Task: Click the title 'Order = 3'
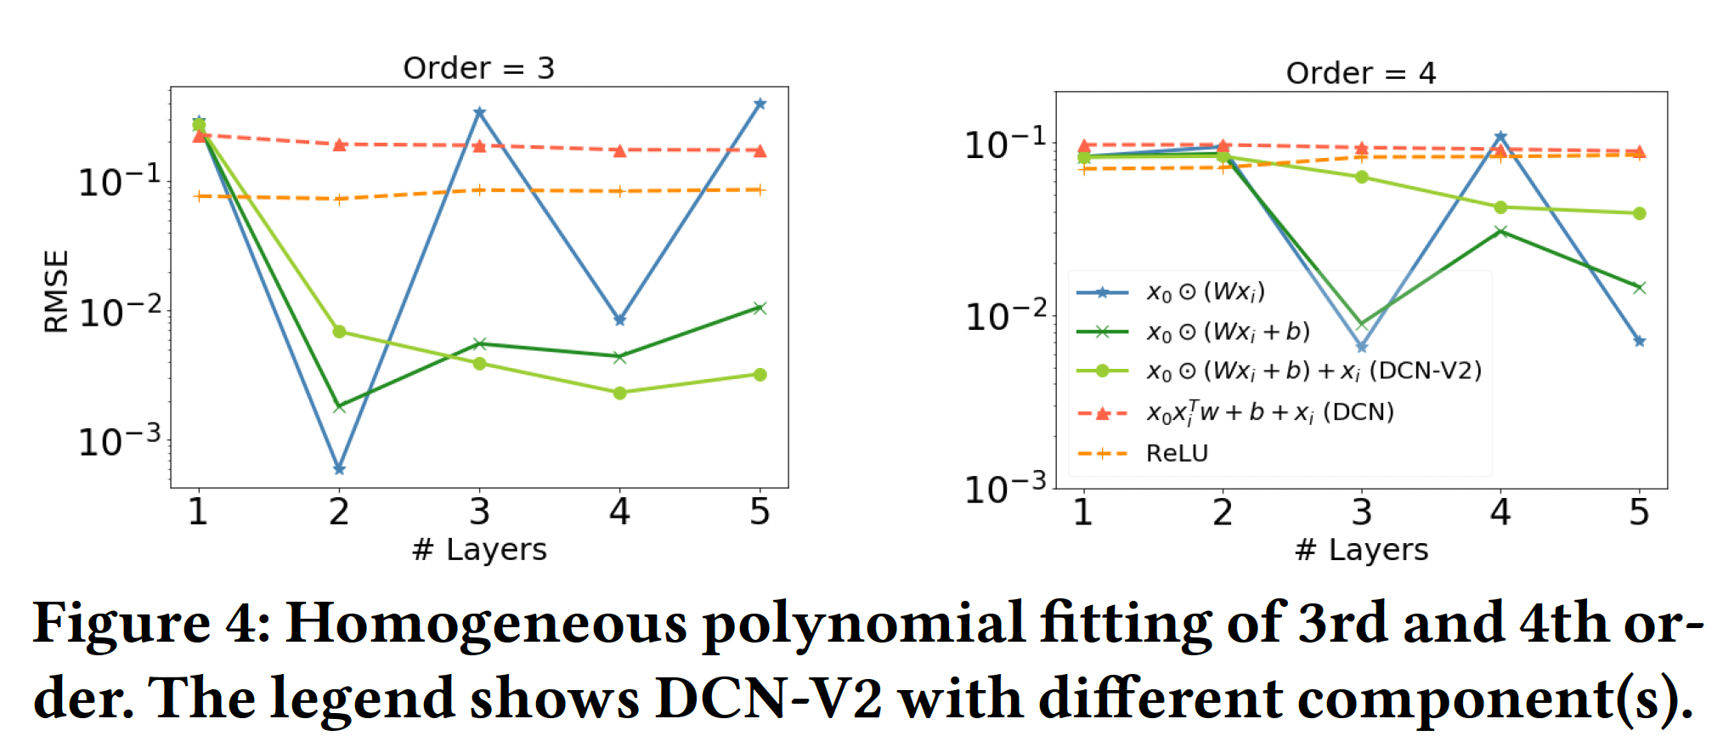point(478,68)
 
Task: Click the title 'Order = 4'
point(1360,73)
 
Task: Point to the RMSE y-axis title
point(56,291)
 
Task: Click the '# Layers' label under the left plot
point(479,550)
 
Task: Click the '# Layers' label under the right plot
point(1361,550)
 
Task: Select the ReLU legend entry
point(1177,453)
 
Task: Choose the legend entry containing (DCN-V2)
point(1313,371)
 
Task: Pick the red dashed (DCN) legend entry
point(1270,412)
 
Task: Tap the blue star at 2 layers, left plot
point(339,469)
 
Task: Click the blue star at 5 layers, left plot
point(760,104)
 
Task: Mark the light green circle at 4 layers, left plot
point(620,393)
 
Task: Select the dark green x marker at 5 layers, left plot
point(760,308)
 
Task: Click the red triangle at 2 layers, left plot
point(339,144)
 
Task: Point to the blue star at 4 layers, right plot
point(1500,137)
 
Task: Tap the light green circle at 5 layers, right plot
point(1640,213)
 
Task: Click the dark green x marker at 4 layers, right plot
point(1500,231)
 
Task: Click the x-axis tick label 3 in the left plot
point(479,512)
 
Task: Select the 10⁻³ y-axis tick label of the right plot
point(1005,489)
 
